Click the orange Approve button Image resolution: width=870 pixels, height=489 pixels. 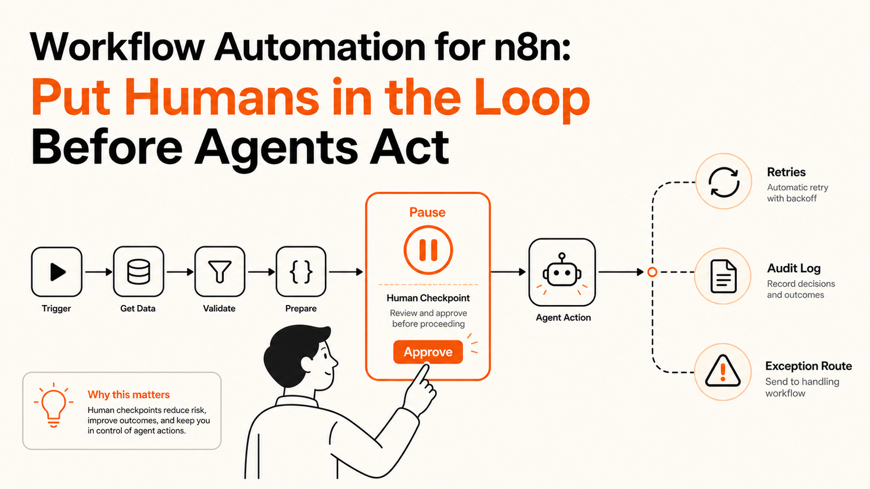point(428,352)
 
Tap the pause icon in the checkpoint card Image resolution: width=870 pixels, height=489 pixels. point(428,250)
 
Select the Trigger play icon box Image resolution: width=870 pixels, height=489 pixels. point(57,272)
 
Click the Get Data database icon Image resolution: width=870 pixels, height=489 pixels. point(138,272)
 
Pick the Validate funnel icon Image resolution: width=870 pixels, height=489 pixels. point(220,271)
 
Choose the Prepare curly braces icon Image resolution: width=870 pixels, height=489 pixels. point(301,272)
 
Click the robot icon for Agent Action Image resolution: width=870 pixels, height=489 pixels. point(562,272)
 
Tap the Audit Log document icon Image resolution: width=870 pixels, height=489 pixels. point(723,276)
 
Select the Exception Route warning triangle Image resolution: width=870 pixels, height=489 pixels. point(722,371)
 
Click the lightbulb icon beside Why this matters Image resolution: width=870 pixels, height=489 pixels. point(54,405)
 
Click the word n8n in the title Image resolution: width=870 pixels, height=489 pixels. point(532,48)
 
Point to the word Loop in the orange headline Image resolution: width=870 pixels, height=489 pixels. point(532,98)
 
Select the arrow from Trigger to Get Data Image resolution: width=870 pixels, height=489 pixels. point(99,272)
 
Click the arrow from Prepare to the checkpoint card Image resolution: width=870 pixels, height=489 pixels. point(346,272)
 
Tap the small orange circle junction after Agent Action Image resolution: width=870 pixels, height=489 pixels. point(652,272)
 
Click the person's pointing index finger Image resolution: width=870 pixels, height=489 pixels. point(422,374)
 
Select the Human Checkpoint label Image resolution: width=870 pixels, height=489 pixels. point(428,298)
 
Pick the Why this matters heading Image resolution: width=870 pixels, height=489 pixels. point(129,394)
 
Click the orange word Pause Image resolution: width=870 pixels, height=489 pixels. point(427,212)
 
